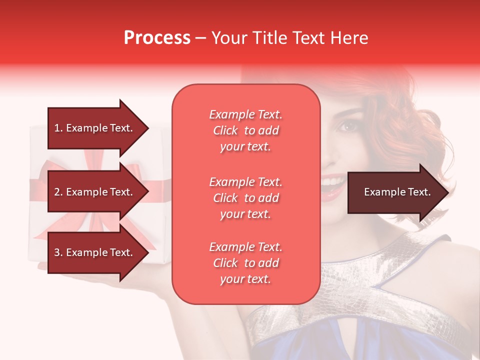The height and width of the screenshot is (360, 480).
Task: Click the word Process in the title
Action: click(157, 38)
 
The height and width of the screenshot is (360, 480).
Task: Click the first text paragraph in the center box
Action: click(245, 130)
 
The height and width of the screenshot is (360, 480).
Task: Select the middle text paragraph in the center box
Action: click(245, 198)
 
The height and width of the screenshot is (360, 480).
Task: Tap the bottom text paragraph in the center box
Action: click(245, 263)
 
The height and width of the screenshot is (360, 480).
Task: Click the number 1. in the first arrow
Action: click(58, 128)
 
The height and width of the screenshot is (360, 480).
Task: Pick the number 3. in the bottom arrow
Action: click(58, 252)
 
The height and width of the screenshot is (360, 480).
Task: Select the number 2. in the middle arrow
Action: click(58, 192)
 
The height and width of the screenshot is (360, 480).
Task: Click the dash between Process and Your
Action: click(201, 38)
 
